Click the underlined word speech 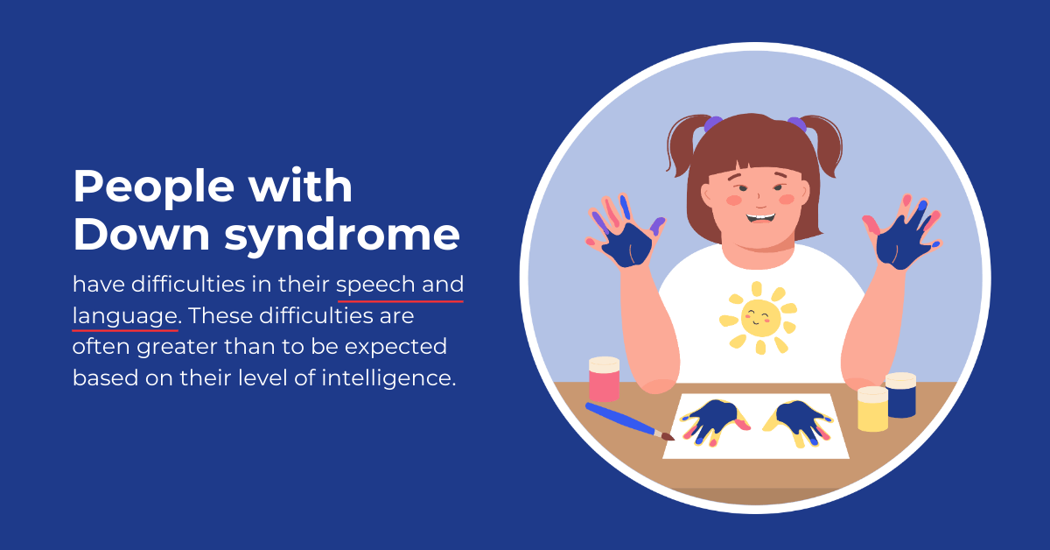click(375, 286)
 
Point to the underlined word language click(124, 317)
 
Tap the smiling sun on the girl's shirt click(759, 319)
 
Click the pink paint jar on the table click(604, 379)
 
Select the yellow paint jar click(872, 409)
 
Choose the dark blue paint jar click(901, 394)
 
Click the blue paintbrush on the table click(629, 421)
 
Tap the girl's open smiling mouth click(760, 218)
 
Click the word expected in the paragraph click(395, 349)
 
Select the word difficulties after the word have click(188, 285)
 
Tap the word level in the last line click(262, 378)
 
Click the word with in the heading click(300, 187)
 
